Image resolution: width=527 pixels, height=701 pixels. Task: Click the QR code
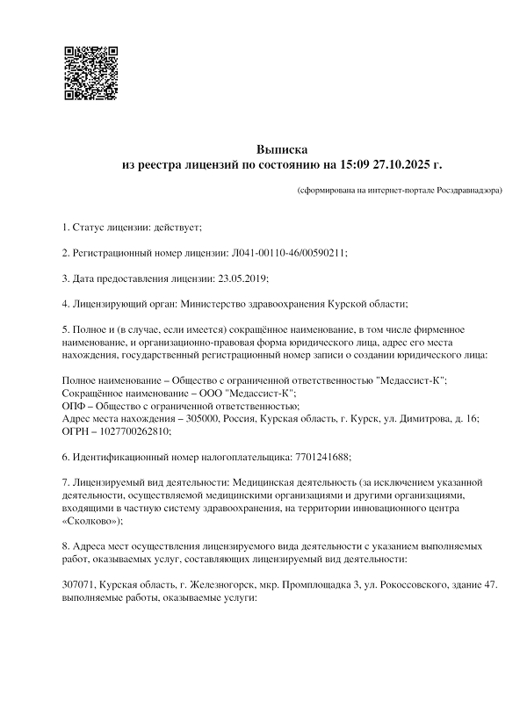pos(91,72)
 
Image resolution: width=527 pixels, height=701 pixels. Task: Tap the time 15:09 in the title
pos(353,164)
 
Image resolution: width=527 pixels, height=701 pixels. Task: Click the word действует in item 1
pos(177,228)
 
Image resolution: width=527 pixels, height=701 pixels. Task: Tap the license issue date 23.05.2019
pos(241,278)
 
